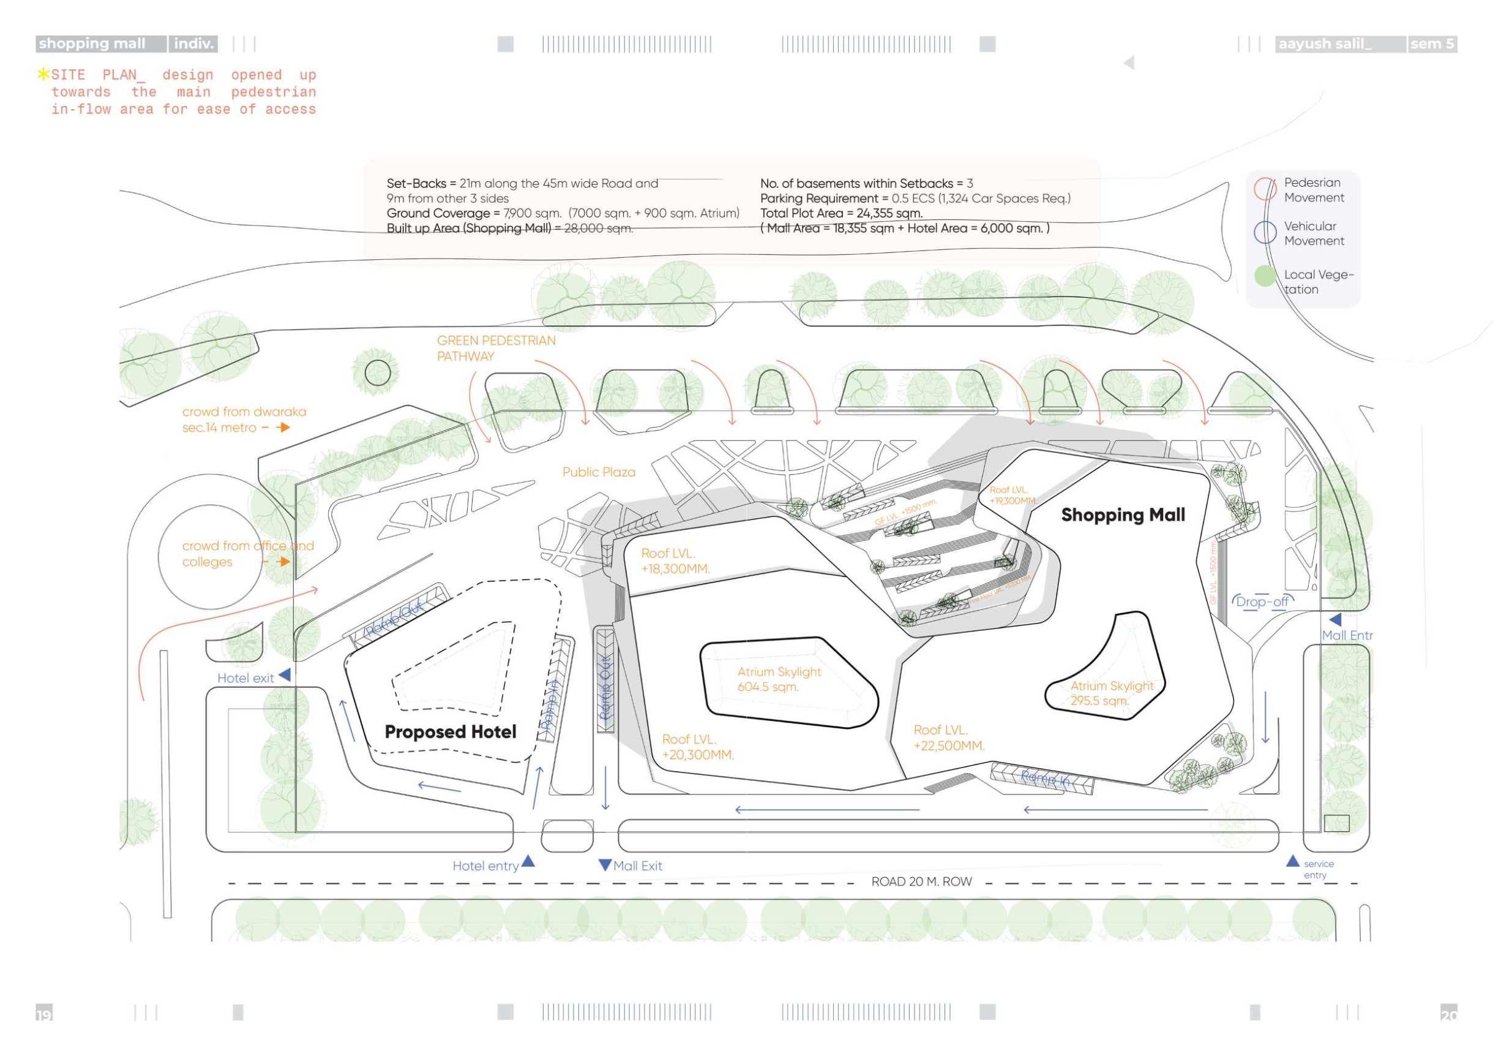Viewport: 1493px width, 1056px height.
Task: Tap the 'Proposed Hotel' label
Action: coord(450,732)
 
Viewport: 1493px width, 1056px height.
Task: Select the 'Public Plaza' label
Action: coord(598,472)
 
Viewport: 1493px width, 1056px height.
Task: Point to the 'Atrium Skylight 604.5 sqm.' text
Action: coord(779,679)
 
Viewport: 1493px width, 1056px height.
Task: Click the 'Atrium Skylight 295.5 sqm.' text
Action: coord(1111,693)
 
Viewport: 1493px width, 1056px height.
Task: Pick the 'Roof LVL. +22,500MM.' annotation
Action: coord(948,738)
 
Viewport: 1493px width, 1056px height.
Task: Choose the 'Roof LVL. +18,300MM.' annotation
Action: coord(675,561)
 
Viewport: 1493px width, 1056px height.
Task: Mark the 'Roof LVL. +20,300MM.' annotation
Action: coord(697,747)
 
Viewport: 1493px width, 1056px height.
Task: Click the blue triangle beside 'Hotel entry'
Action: coord(528,861)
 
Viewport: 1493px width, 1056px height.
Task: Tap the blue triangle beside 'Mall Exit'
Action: coord(605,865)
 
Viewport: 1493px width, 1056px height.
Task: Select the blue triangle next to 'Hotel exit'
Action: coord(284,676)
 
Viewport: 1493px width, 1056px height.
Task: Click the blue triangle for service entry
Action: coord(1292,861)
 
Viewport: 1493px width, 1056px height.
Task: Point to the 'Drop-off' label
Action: coord(1262,602)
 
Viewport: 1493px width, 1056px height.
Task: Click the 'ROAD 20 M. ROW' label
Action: coord(921,881)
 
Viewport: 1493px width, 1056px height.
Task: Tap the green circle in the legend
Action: coord(1265,276)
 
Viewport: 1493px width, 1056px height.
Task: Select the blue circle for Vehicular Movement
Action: coord(1265,232)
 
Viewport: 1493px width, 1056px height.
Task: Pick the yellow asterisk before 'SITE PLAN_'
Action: coord(43,74)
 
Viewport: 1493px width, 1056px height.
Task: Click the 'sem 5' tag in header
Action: coord(1432,43)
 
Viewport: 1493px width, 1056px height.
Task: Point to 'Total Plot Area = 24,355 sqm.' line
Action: coord(841,213)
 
